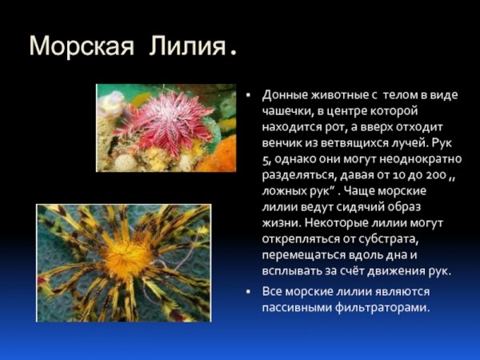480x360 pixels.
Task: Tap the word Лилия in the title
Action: (186, 46)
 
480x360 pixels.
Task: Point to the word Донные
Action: (284, 94)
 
